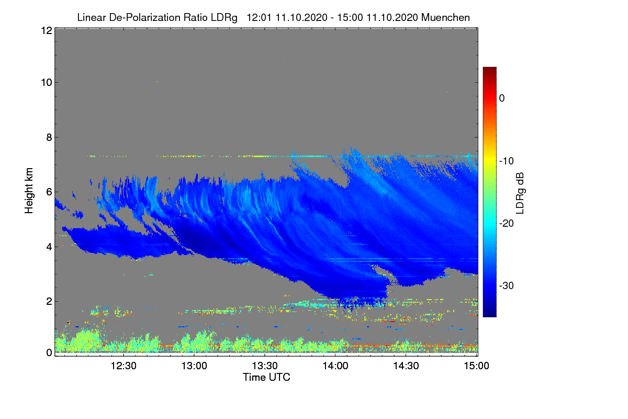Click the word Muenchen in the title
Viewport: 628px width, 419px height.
pyautogui.click(x=445, y=17)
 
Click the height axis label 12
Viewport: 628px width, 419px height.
pyautogui.click(x=46, y=31)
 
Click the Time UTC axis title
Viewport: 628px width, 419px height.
pyautogui.click(x=266, y=377)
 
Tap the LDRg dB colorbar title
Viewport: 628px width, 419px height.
pyautogui.click(x=520, y=192)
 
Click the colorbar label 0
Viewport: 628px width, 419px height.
pyautogui.click(x=502, y=98)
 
